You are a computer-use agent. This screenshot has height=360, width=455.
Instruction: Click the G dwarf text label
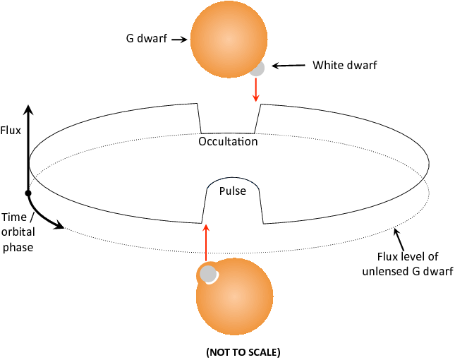[147, 38]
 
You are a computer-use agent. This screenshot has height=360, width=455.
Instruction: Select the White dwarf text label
[345, 65]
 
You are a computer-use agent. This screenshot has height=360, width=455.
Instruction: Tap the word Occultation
[228, 141]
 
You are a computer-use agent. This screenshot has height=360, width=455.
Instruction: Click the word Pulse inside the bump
[233, 191]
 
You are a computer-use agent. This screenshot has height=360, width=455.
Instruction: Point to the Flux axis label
[11, 131]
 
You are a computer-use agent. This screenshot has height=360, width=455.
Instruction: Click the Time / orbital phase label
[18, 232]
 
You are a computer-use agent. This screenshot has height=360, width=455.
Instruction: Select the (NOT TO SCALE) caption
[243, 352]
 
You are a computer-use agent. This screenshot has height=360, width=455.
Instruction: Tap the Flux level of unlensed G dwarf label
[408, 264]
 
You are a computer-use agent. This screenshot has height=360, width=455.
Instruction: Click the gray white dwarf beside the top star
[257, 69]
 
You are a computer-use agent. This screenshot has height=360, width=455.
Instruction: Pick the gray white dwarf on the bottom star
[208, 274]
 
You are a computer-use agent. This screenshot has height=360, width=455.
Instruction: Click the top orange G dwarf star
[229, 40]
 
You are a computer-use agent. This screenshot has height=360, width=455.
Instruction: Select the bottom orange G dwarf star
[234, 296]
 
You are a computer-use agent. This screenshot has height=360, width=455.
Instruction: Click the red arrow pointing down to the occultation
[255, 90]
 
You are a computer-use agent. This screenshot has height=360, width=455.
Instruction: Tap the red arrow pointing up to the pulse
[206, 243]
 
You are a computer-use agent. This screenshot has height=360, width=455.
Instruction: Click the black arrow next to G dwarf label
[179, 40]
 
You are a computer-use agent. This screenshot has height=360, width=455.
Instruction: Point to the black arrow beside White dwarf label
[289, 66]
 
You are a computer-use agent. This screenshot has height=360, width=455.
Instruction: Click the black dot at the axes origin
[28, 193]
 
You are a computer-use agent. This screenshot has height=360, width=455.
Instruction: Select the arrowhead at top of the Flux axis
[28, 110]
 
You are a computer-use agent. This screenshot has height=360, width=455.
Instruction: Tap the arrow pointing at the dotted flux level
[399, 240]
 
